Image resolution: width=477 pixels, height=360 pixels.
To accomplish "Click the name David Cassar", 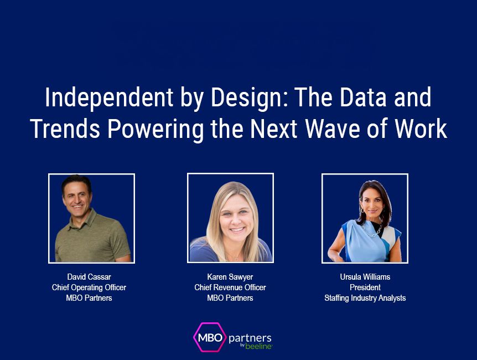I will click(x=89, y=276).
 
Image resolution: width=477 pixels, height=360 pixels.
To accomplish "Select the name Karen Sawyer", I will click(x=230, y=276).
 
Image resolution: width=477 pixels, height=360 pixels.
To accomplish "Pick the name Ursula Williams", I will click(x=365, y=276).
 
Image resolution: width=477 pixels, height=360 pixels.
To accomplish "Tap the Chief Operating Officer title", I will click(x=89, y=287).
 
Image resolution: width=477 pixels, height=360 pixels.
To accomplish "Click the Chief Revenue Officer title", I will click(x=230, y=287).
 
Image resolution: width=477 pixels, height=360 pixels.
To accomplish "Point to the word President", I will click(x=365, y=287).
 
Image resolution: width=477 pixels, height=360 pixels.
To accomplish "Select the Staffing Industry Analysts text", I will click(x=365, y=298).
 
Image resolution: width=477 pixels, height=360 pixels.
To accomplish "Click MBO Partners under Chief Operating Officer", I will click(x=89, y=298).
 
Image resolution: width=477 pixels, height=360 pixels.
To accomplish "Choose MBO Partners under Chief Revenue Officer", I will click(x=230, y=298).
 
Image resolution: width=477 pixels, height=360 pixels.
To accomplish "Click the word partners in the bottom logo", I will click(x=250, y=337).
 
